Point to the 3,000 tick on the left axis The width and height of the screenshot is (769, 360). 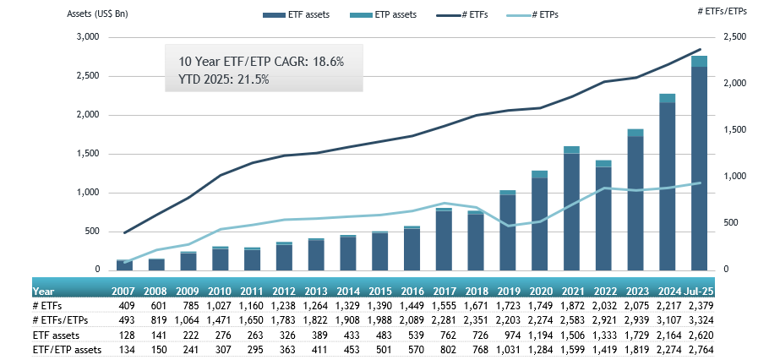[x=88, y=37]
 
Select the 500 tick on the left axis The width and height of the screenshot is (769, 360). [x=91, y=232]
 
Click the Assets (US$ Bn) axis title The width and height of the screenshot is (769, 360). [x=99, y=14]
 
